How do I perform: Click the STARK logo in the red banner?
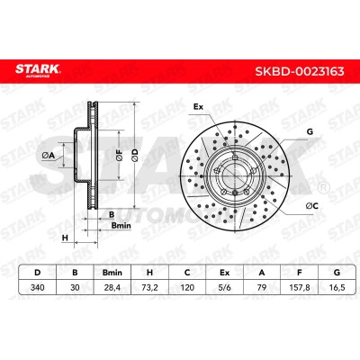tap(38, 70)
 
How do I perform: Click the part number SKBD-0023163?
tap(300, 71)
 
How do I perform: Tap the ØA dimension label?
tap(48, 155)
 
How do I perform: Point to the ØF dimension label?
tap(120, 155)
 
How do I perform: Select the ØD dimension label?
tap(135, 155)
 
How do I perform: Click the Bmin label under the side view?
tap(121, 225)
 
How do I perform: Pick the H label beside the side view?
tap(65, 238)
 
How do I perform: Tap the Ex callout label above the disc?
tap(198, 106)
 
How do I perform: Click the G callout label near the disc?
tap(310, 131)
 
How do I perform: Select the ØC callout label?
tap(312, 205)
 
